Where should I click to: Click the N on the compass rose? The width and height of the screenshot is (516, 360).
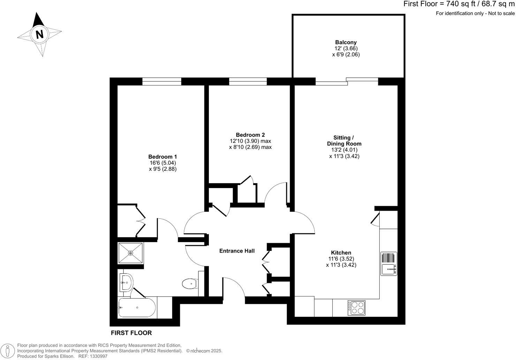tap(39, 35)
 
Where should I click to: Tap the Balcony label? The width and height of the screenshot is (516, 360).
tap(346, 42)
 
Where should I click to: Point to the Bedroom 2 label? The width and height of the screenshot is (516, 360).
tap(250, 135)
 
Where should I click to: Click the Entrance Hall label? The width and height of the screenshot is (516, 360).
tap(237, 251)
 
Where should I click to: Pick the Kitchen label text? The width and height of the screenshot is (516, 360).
tap(341, 253)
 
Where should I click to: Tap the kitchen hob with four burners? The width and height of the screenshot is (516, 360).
tap(356, 308)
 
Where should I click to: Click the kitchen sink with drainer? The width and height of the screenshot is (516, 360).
tap(389, 264)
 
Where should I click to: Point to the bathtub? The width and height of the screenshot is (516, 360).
tap(137, 307)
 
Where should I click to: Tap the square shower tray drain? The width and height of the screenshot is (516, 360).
tap(130, 253)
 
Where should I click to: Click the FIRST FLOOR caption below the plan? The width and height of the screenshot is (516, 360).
tap(131, 333)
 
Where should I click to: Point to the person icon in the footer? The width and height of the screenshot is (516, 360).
tap(8, 351)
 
